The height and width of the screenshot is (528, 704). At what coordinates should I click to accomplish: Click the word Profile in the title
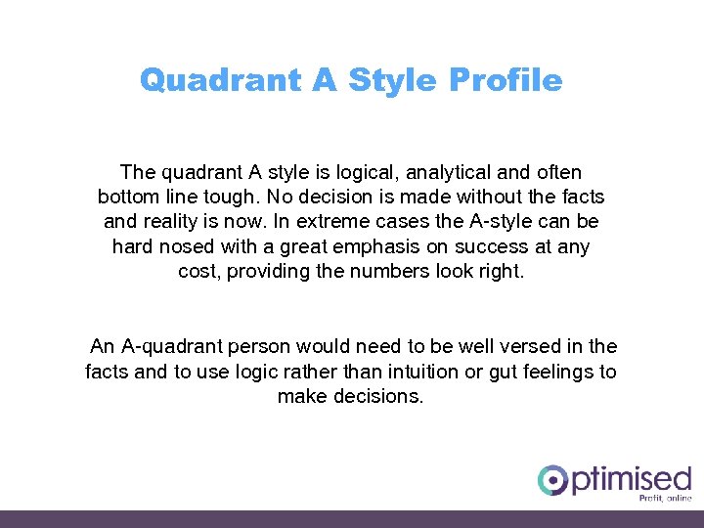(x=506, y=80)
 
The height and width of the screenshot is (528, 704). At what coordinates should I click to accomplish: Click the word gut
(x=505, y=372)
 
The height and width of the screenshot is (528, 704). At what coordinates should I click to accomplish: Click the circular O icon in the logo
(x=552, y=480)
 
